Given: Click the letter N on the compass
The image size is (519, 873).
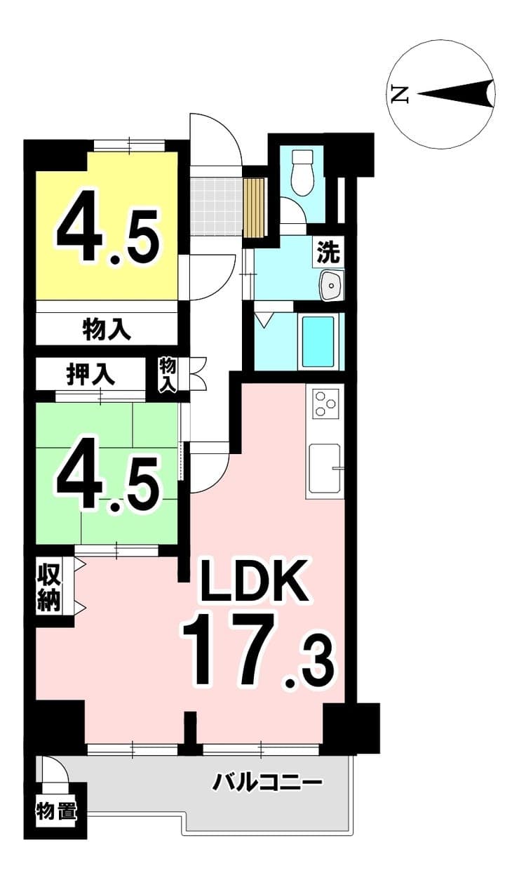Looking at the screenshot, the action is (x=399, y=94).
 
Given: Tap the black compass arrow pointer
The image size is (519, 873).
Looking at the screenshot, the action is (x=456, y=93).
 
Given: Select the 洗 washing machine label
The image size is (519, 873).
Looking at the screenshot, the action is (x=328, y=252).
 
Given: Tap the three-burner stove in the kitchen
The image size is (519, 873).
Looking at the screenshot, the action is (x=325, y=404).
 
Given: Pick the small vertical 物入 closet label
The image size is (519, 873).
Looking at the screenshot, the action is (x=168, y=375).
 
